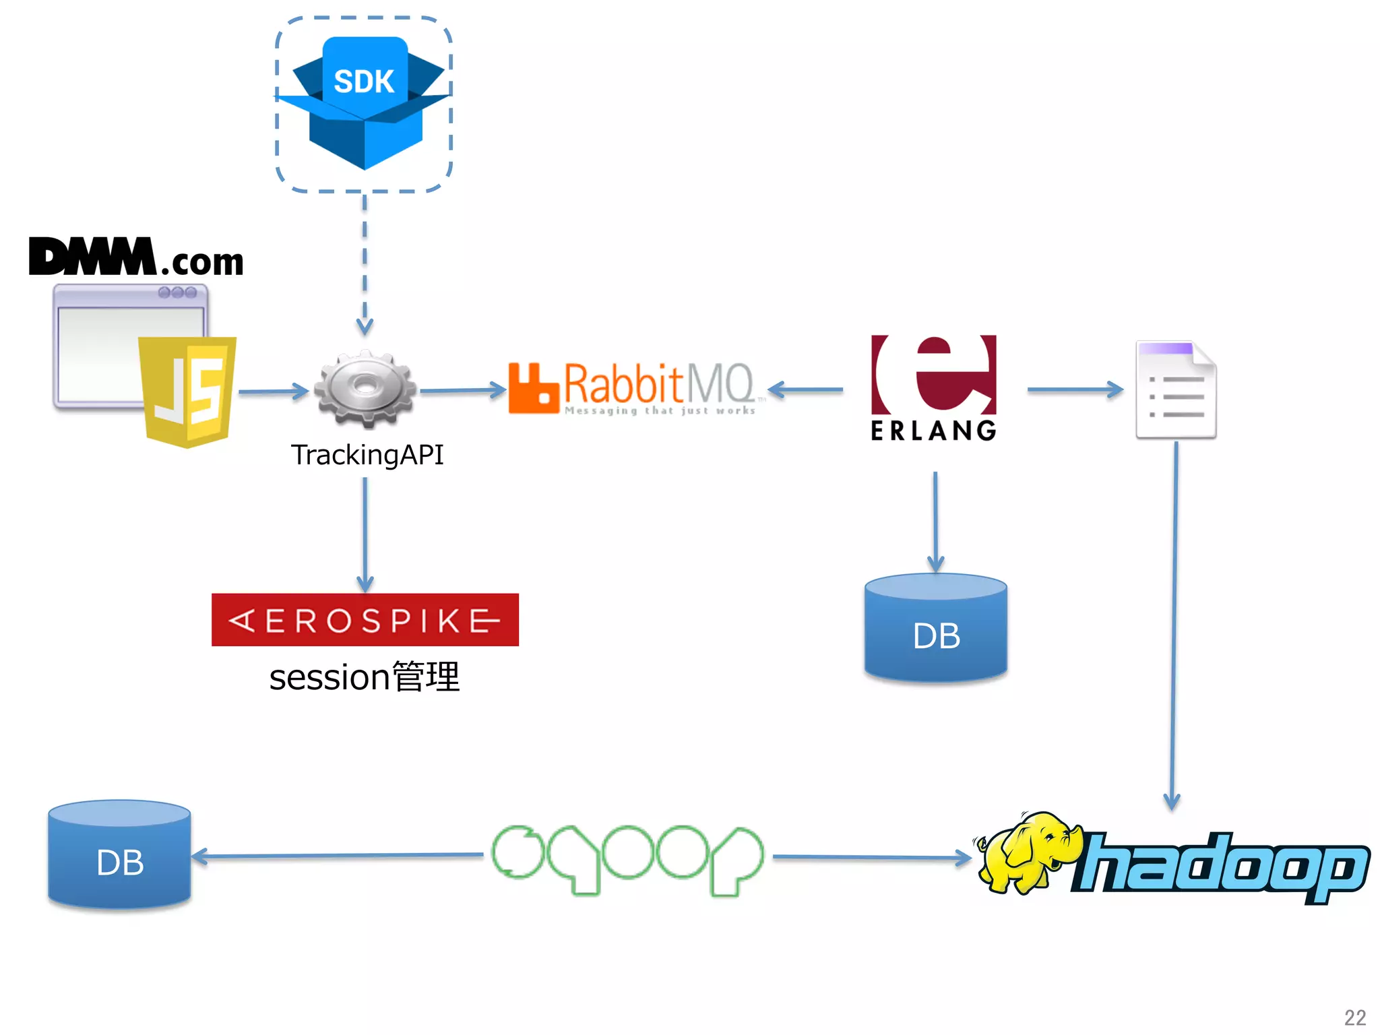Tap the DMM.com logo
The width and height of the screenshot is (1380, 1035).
point(135,258)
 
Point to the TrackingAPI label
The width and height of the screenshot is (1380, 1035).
point(367,455)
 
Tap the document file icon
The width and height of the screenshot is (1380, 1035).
point(1176,390)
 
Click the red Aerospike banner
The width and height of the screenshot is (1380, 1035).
point(365,620)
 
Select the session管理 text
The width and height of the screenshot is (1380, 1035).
point(365,677)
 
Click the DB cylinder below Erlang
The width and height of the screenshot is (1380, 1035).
point(935,628)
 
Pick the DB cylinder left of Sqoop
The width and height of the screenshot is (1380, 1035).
point(120,854)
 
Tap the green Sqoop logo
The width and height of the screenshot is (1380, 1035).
point(627,859)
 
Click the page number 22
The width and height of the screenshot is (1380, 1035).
point(1354,1017)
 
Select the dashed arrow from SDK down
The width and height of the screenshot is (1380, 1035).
point(365,263)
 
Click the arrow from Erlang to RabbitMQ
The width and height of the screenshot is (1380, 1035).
point(805,389)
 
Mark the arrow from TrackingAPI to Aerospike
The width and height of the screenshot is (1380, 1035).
point(365,532)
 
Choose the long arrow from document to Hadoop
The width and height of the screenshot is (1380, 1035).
point(1174,627)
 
